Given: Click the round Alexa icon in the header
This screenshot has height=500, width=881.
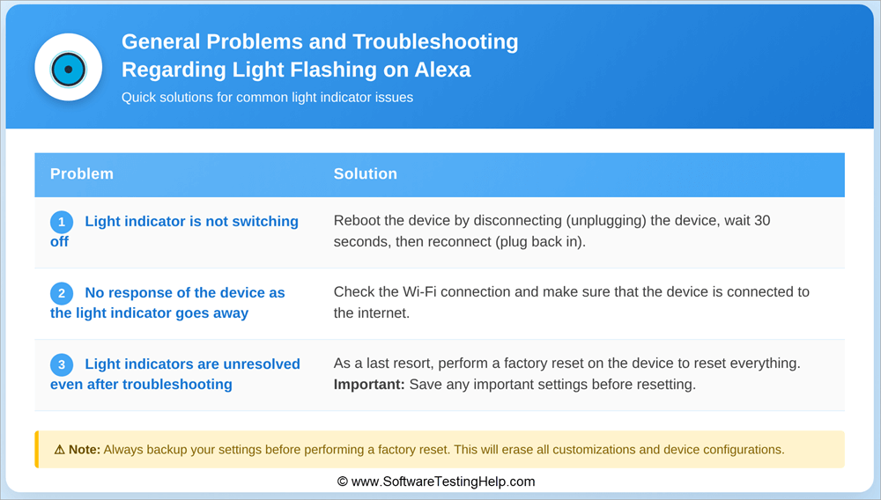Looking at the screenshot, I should coord(68,68).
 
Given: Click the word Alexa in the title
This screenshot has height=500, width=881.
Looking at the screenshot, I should coord(440,70).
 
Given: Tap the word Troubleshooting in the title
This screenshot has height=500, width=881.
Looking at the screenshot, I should coord(436,41).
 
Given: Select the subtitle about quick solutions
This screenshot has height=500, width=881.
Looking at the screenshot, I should coord(267,98).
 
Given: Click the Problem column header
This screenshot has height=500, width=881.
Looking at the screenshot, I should coord(82,174).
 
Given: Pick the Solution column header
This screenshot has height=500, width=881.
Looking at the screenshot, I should coord(366,174).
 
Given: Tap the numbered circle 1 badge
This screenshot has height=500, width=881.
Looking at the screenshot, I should coord(62,223).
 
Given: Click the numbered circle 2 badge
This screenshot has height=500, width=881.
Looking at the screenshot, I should coord(62,294).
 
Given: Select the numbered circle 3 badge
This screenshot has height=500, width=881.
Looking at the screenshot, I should coord(62,365).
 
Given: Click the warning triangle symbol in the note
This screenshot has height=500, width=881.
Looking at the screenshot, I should coord(59,450).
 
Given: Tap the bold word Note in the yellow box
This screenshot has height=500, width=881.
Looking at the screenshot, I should coord(85,450).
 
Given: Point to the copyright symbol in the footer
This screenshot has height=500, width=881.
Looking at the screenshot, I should coord(343,482).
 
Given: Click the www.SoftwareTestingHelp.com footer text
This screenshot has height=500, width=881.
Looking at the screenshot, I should coord(442,482).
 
